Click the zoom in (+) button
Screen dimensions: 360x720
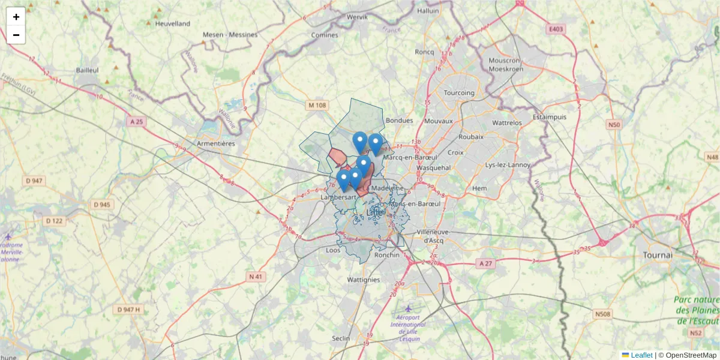coord(16,17)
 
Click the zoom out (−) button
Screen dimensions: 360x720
coord(16,35)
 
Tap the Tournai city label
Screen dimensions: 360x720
coord(657,254)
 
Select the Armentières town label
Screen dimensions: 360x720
coord(216,144)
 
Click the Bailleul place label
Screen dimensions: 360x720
coord(87,70)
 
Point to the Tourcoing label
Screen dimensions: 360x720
coord(459,93)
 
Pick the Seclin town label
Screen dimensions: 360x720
coord(341,338)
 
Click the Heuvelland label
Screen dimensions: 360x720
coord(172,23)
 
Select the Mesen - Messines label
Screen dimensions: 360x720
coord(230,35)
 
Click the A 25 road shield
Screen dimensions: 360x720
coord(136,121)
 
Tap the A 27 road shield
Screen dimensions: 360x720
coord(485,263)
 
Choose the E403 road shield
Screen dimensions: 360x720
coord(556,28)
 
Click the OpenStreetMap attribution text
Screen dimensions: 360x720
coord(691,355)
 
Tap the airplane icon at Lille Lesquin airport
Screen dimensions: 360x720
coord(409,308)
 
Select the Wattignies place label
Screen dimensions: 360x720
coord(364,280)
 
